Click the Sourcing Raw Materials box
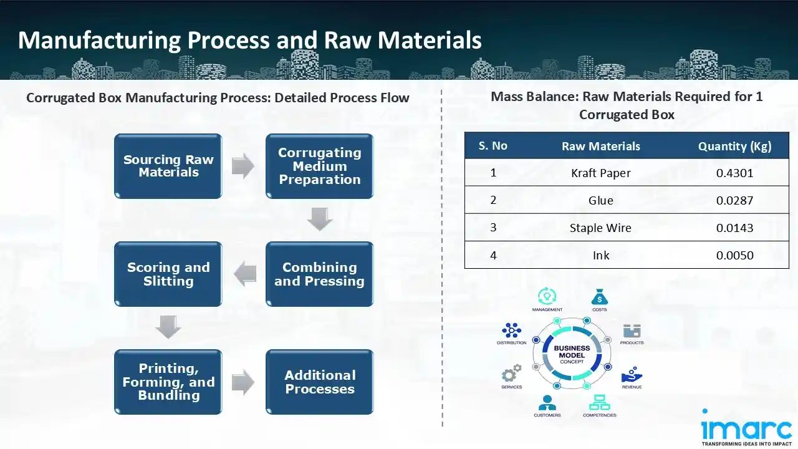point(168,167)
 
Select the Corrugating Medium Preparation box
point(319,167)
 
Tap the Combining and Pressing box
point(319,274)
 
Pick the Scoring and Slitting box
point(168,274)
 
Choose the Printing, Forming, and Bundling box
point(168,382)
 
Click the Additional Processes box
point(319,382)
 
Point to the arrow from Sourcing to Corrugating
point(243,167)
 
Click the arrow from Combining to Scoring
point(245,274)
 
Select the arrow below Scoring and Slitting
point(168,327)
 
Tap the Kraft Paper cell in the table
point(600,173)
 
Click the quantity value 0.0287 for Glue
point(734,200)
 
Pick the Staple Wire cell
point(600,228)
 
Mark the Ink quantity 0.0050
point(734,255)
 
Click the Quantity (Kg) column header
point(734,146)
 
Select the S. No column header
point(493,146)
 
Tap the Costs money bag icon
point(599,296)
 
